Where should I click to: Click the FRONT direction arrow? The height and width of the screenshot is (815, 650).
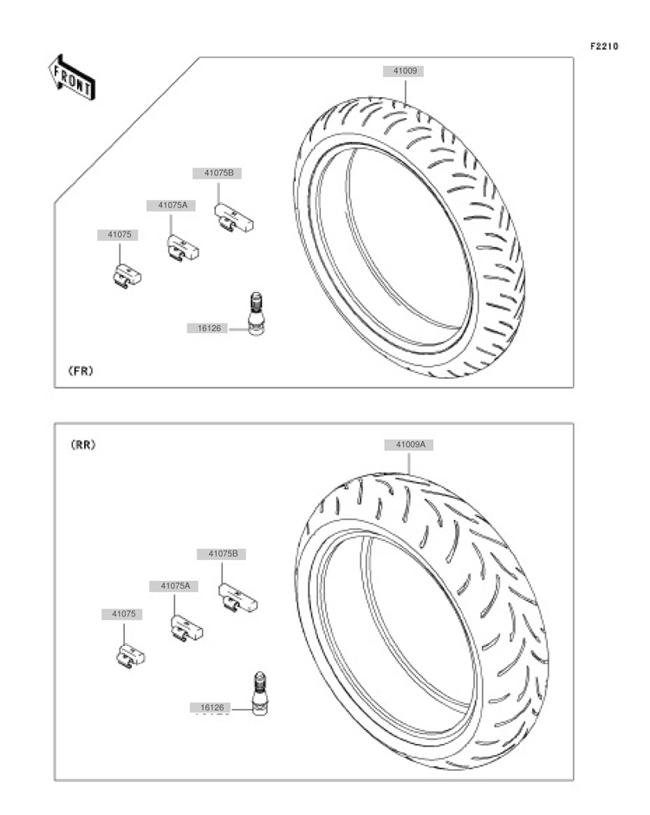(x=72, y=78)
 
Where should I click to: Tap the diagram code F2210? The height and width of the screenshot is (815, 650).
(x=604, y=46)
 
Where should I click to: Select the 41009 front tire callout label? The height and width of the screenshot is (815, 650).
(x=404, y=71)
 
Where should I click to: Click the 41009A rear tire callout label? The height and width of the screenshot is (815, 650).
(x=409, y=445)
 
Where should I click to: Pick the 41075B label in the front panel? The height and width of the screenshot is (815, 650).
(x=218, y=173)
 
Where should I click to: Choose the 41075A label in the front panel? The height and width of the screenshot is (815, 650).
(x=171, y=205)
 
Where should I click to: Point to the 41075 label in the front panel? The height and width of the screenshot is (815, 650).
(x=118, y=235)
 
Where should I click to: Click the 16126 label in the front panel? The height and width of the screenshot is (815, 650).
(x=207, y=329)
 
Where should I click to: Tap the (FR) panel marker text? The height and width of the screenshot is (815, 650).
(x=81, y=371)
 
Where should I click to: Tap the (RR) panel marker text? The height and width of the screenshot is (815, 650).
(x=83, y=446)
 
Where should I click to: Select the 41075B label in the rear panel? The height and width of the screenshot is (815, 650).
(x=221, y=555)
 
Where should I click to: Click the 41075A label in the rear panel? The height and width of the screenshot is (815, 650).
(x=174, y=586)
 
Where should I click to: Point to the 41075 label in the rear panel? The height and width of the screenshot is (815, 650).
(x=122, y=615)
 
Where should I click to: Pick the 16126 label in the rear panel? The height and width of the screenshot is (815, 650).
(x=211, y=708)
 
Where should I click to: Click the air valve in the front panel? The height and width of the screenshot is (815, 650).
(x=256, y=313)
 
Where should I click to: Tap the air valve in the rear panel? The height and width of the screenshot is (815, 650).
(x=259, y=694)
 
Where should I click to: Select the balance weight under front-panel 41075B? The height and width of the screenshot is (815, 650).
(x=234, y=218)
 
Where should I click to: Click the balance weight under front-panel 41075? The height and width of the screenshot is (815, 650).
(x=127, y=276)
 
